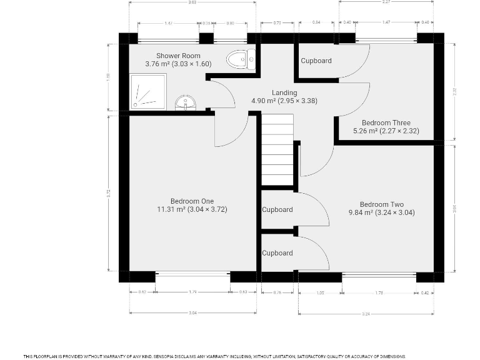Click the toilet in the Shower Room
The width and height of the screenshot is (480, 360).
[x=241, y=59]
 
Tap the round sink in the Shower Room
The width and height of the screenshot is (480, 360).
[x=185, y=102]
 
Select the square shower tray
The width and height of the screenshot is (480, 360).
[x=148, y=91]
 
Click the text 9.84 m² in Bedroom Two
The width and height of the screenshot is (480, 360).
[x=360, y=212]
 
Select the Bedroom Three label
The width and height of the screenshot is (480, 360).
[x=385, y=123]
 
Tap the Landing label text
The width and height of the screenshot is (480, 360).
[x=267, y=92]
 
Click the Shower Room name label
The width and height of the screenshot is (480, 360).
[x=178, y=56]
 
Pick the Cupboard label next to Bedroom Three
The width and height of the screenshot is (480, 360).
[x=316, y=61]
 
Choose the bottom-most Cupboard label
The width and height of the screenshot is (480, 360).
[x=277, y=253]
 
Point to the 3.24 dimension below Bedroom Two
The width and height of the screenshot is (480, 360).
[x=366, y=313]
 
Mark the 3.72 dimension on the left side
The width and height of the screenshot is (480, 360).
[x=108, y=194]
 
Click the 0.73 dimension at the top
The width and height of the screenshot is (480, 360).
[x=277, y=23]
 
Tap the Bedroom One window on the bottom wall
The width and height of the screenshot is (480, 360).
[x=192, y=274]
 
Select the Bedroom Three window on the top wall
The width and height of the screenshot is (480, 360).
[x=386, y=40]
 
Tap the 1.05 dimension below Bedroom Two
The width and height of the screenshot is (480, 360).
[x=320, y=291]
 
